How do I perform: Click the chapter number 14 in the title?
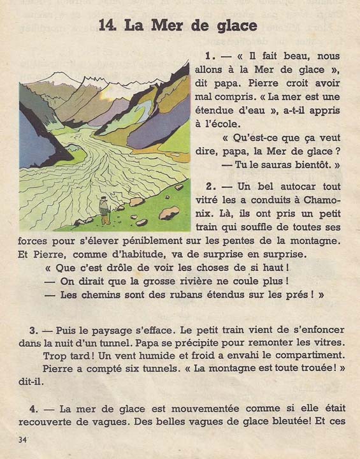point(109,25)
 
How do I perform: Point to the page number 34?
point(24,440)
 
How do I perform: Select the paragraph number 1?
point(208,55)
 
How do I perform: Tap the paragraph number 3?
point(32,330)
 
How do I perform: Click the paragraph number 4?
point(33,408)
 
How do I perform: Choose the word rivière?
point(192,280)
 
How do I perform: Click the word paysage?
point(108,330)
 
